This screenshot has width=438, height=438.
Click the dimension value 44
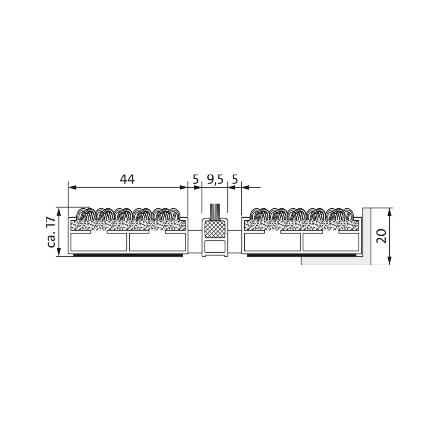[127, 179]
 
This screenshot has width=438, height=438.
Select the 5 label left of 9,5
[196, 179]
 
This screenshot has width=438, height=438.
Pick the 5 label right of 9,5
[235, 179]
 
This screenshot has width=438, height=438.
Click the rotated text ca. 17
[52, 232]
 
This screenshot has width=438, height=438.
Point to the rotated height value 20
[381, 236]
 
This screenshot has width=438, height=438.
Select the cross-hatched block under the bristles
[215, 229]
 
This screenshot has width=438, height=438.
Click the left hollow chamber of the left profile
[99, 242]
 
